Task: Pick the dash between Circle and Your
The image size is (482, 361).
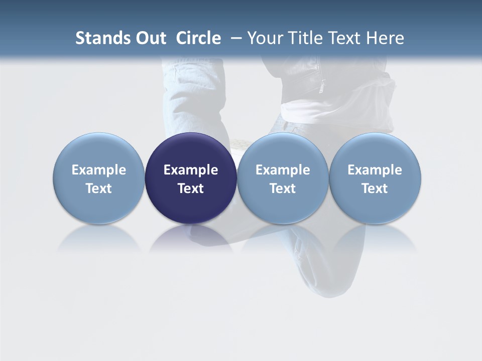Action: [x=235, y=38]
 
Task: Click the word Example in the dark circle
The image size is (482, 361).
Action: [x=191, y=170]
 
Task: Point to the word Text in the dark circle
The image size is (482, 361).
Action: [x=191, y=189]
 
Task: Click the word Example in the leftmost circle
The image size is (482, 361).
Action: [x=99, y=170]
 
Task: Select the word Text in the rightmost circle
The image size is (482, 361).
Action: [x=375, y=189]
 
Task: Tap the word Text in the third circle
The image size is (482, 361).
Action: [x=283, y=189]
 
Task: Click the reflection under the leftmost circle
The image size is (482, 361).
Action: [x=99, y=238]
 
